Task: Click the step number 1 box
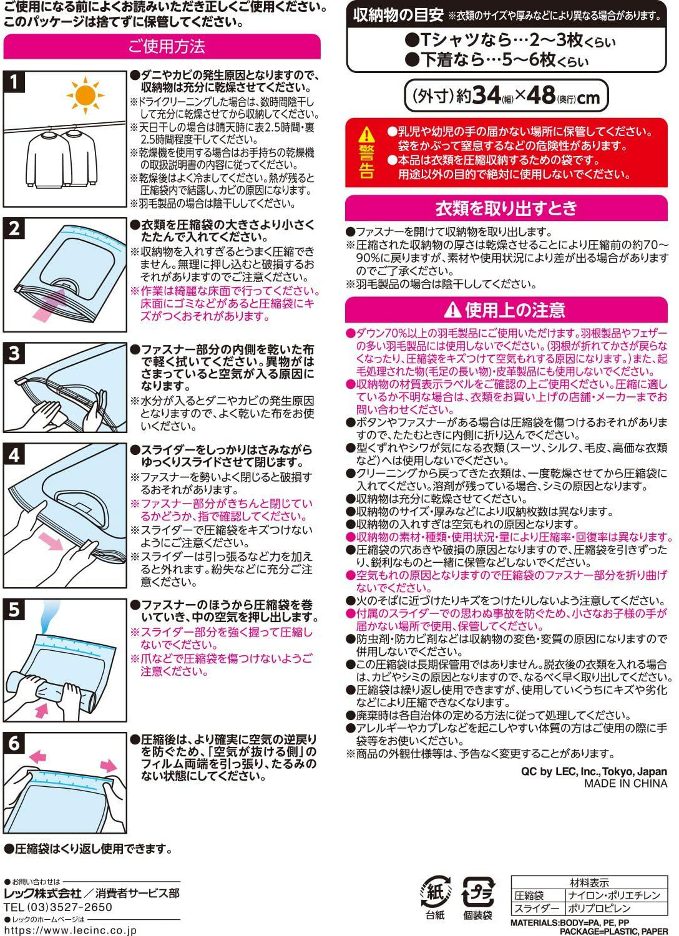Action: pyautogui.click(x=15, y=82)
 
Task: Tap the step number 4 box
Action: pyautogui.click(x=15, y=455)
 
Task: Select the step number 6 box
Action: pyautogui.click(x=15, y=743)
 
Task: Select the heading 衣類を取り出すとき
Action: pyautogui.click(x=506, y=208)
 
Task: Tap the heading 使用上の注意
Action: pyautogui.click(x=506, y=310)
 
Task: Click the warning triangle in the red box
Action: pyautogui.click(x=367, y=134)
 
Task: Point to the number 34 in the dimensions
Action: pyautogui.click(x=486, y=95)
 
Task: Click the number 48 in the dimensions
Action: pyautogui.click(x=540, y=95)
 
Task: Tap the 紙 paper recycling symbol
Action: pyautogui.click(x=436, y=891)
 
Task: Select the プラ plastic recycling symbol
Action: pyautogui.click(x=478, y=891)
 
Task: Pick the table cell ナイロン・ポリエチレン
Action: pyautogui.click(x=613, y=895)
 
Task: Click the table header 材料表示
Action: pyautogui.click(x=589, y=882)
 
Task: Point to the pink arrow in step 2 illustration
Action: pyautogui.click(x=50, y=305)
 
